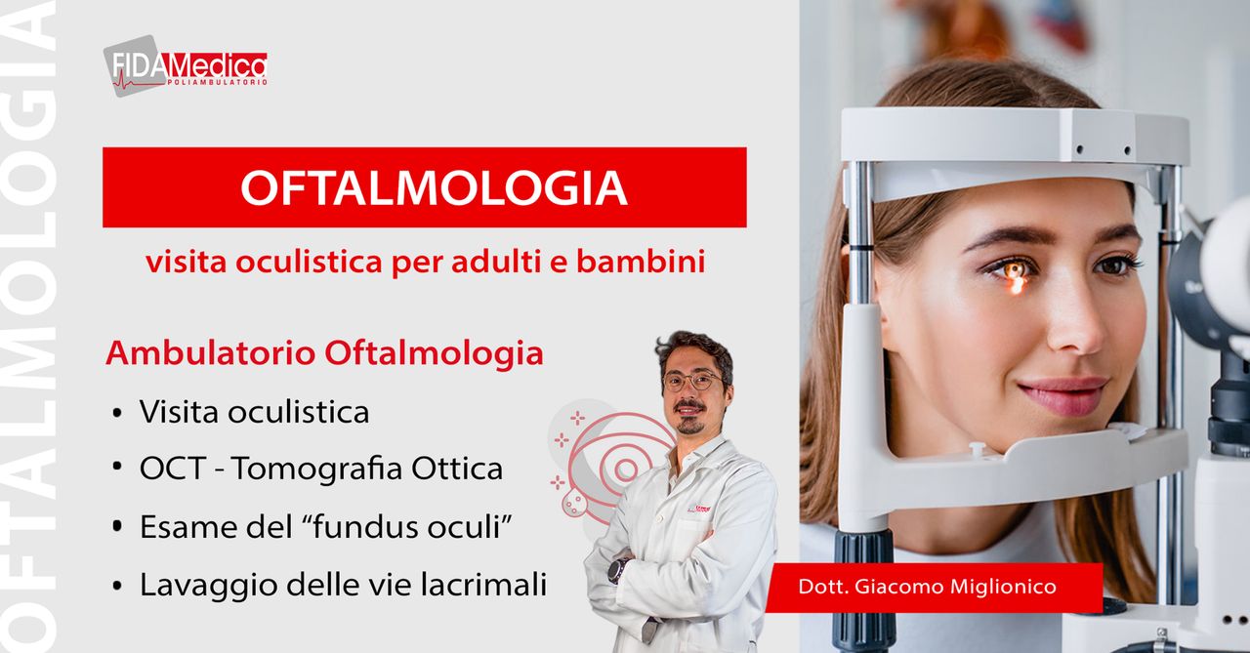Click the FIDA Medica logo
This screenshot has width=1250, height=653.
pyautogui.click(x=186, y=66)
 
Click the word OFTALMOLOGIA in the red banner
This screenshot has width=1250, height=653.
pyautogui.click(x=434, y=187)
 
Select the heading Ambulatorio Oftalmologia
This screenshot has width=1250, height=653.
pyautogui.click(x=324, y=353)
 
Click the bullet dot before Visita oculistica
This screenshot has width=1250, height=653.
pyautogui.click(x=117, y=414)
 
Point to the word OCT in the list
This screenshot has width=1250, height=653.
pyautogui.click(x=172, y=469)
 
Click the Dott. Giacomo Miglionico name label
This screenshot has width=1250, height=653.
pyautogui.click(x=928, y=587)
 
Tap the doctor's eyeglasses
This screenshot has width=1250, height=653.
pyautogui.click(x=692, y=380)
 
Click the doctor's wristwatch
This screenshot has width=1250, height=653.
pyautogui.click(x=618, y=569)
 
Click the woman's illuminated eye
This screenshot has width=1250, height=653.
pyautogui.click(x=1015, y=269)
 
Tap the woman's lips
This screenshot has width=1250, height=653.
pyautogui.click(x=1063, y=393)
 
